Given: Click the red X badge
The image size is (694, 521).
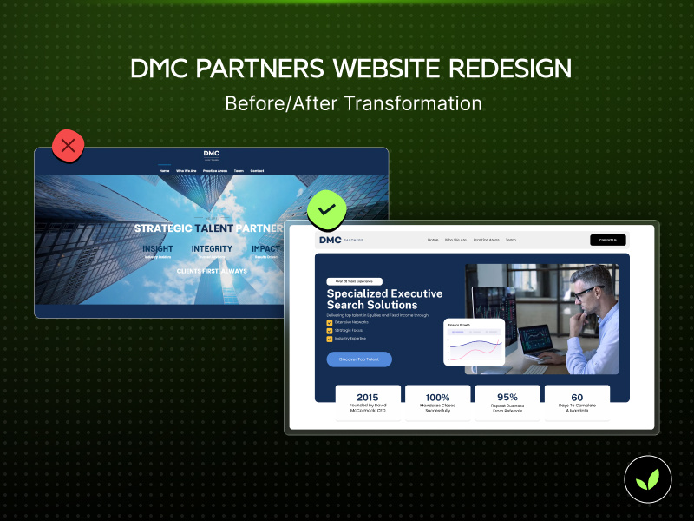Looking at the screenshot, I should click(x=69, y=146).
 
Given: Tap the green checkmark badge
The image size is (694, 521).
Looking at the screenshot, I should click(x=327, y=209).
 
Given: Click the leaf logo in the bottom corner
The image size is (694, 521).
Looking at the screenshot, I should click(x=648, y=478).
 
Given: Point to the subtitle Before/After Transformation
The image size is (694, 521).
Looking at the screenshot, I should click(x=353, y=102).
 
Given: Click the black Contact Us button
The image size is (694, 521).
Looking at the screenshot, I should click(x=607, y=240).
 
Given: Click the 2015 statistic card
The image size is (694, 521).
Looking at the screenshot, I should click(x=368, y=403).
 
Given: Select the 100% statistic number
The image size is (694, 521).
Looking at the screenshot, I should click(x=437, y=398).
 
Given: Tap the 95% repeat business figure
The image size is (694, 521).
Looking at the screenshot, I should click(x=507, y=398).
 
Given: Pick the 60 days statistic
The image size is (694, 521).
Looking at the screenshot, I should click(x=577, y=398).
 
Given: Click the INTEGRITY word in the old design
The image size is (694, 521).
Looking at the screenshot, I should click(x=212, y=249).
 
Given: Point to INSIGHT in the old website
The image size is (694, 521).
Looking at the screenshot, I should click(x=157, y=249).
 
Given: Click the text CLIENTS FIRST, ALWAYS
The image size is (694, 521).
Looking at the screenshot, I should click(x=212, y=271).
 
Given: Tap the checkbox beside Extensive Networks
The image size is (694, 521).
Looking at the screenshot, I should click(x=330, y=322).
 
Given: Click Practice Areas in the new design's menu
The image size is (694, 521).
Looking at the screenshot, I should click(x=486, y=240).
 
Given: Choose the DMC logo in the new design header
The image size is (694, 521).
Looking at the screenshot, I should click(x=331, y=240).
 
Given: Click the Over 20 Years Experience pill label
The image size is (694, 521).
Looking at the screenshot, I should click(x=353, y=281).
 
